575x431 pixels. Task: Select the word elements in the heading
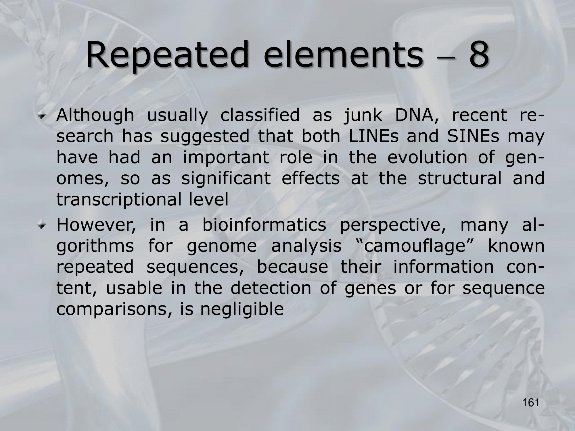point(344,55)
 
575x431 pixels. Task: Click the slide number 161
point(531,403)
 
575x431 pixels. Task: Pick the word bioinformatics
point(264,225)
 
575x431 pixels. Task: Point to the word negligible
point(242,310)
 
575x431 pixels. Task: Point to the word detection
point(271,288)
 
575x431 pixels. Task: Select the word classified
point(260,116)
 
